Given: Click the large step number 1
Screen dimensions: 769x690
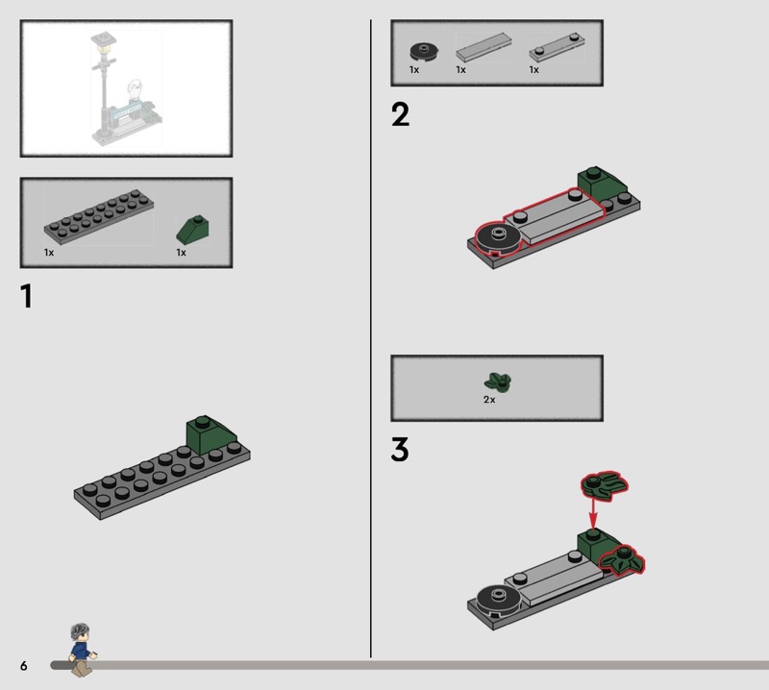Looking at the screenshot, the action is click(x=27, y=296).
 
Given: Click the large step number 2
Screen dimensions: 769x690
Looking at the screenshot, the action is click(x=400, y=114).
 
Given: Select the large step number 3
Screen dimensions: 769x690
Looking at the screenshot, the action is click(x=400, y=450).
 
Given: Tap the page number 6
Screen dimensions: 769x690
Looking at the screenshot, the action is click(x=23, y=665).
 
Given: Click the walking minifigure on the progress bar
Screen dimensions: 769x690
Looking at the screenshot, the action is click(x=82, y=650).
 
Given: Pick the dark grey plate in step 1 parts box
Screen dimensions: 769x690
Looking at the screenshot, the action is click(x=99, y=216).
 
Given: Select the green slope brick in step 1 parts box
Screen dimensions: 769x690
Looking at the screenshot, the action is click(x=193, y=230).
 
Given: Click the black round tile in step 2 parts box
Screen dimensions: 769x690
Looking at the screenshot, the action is click(x=424, y=52).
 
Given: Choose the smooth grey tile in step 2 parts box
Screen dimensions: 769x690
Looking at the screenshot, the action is click(x=484, y=47).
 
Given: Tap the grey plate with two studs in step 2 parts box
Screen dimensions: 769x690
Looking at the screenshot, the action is click(x=557, y=47).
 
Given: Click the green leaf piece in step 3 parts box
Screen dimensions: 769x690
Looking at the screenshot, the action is click(x=498, y=382).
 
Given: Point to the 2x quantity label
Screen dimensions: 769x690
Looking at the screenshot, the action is click(x=489, y=400).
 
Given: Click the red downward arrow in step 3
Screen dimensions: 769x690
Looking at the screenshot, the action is click(x=593, y=513).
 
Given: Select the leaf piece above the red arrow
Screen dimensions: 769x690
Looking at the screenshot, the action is click(x=605, y=486).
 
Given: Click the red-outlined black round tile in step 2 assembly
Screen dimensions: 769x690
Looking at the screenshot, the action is click(x=496, y=239).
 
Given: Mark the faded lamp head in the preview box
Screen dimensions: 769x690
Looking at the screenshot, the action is click(x=104, y=41).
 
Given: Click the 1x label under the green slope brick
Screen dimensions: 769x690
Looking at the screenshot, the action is click(x=181, y=253).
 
